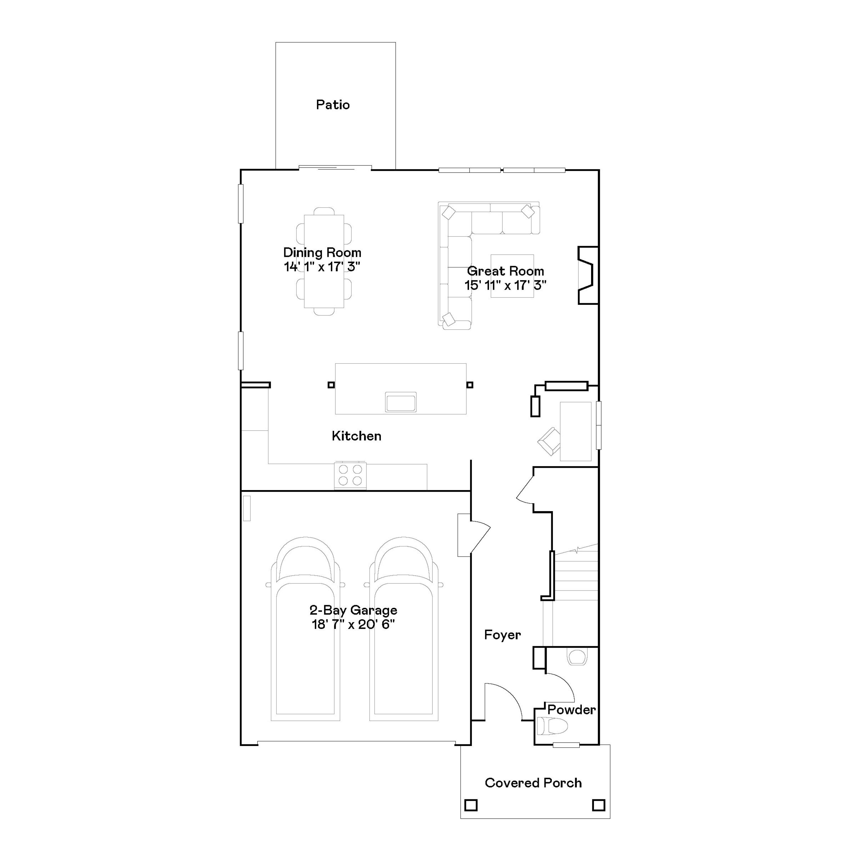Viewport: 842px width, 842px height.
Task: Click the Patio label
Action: click(333, 105)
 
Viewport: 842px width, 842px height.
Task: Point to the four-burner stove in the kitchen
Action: click(350, 475)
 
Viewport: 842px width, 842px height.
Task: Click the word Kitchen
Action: click(356, 436)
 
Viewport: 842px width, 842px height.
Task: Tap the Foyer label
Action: click(502, 635)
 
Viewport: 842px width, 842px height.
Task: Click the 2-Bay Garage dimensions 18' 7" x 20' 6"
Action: click(353, 624)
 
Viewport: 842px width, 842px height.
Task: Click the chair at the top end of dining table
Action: click(324, 211)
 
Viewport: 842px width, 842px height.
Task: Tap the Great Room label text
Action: click(505, 271)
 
